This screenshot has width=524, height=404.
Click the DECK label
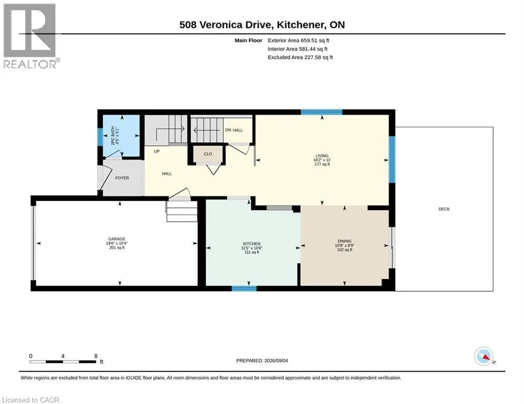(444, 209)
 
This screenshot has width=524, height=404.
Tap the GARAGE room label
(116, 239)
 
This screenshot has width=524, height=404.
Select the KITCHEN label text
(252, 244)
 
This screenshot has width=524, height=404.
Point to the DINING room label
(344, 241)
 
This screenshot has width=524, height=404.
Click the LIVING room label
(322, 156)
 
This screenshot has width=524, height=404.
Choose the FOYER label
(122, 178)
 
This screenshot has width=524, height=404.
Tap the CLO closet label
(208, 154)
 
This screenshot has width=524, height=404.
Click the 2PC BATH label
(113, 136)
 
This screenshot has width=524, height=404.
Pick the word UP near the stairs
(157, 151)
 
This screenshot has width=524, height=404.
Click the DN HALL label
(234, 130)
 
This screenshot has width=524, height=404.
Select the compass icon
(484, 356)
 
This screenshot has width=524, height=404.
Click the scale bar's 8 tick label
(96, 356)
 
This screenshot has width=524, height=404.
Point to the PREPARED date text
(262, 360)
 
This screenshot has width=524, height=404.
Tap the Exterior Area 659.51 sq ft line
(299, 41)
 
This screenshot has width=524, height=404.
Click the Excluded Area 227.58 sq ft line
(300, 57)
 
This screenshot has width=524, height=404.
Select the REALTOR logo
(30, 36)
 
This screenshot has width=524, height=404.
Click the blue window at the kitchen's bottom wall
(244, 288)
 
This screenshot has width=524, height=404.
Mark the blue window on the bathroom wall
(100, 137)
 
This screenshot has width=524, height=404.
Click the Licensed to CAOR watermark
(31, 400)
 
